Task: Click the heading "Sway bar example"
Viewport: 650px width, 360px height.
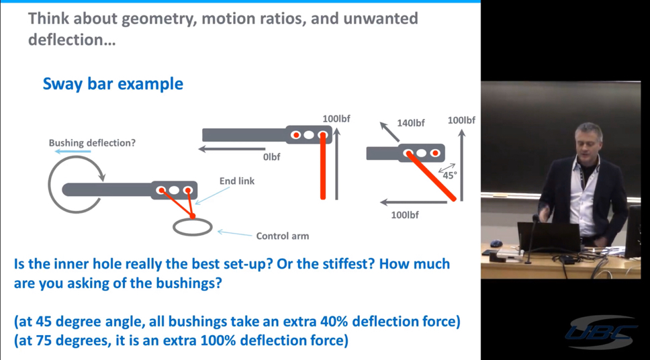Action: (113, 84)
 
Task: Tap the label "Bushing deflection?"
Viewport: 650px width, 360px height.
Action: (92, 143)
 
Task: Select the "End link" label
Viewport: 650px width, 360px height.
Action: (237, 181)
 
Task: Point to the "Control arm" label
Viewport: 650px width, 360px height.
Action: (282, 236)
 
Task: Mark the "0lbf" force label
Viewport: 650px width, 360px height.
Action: (271, 157)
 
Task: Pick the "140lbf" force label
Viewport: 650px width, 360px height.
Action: (411, 123)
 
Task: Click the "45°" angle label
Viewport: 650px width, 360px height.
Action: (450, 175)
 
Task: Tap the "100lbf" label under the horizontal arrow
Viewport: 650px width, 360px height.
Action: (405, 215)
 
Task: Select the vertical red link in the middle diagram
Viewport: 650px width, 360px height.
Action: (323, 167)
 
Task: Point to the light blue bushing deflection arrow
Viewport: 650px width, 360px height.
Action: (73, 151)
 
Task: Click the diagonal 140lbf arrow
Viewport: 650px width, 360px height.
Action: (390, 131)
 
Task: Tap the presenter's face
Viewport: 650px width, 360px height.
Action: (588, 141)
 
